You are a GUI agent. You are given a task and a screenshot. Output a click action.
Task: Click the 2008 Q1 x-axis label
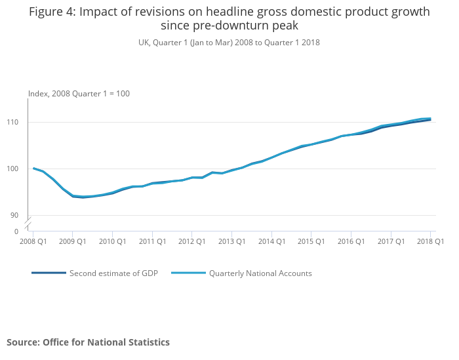pos(33,241)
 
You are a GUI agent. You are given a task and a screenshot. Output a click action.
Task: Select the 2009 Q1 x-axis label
pos(73,241)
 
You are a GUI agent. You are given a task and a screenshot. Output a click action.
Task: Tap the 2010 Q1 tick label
pos(112,241)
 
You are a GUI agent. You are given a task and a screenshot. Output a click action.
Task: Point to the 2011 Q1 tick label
pos(152,241)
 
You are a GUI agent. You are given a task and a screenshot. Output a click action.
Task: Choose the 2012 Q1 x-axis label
pos(191,241)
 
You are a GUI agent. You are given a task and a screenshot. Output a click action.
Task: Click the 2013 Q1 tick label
pos(231,241)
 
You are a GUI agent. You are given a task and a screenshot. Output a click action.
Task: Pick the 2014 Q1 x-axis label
pos(271,241)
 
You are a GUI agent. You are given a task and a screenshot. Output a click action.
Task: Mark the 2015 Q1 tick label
pos(311,241)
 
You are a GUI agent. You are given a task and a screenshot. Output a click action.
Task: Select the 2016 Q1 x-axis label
pos(351,241)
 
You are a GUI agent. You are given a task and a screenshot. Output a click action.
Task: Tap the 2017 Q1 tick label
pos(391,241)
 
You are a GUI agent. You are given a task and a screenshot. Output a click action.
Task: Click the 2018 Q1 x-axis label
pos(430,241)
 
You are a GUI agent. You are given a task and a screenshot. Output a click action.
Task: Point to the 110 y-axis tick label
pos(12,123)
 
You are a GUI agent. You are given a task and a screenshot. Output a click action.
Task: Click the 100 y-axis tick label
pos(12,169)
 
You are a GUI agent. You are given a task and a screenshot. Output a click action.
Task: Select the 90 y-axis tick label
pos(14,215)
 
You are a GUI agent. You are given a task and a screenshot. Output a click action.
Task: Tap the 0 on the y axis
pos(16,231)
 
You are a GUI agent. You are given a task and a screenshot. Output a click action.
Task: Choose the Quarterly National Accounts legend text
pos(260,273)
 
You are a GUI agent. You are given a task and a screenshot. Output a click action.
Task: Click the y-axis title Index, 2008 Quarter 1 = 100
pos(79,94)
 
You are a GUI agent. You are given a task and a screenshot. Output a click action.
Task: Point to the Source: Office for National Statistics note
pos(88,342)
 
